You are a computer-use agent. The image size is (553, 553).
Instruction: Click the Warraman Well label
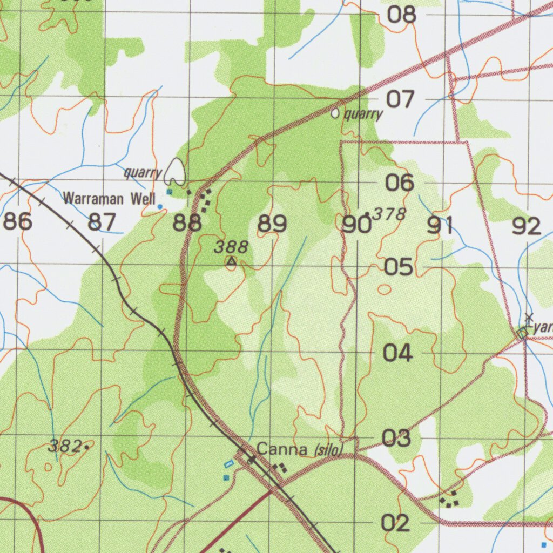pos(109,198)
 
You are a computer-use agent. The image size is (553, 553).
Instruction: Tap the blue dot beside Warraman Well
pos(159,206)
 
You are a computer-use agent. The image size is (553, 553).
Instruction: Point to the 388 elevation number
pos(231,247)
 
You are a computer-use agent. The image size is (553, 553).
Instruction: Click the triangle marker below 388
pos(232,261)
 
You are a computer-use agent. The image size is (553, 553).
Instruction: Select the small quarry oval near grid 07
pos(335,113)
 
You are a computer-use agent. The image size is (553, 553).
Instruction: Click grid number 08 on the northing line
pos(402,15)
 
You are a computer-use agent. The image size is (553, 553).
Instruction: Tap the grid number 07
pos(400,99)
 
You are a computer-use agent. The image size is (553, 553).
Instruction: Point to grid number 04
pos(398,354)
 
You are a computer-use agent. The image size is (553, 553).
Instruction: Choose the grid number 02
pos(396,523)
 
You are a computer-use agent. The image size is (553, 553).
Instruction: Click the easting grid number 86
pos(18,222)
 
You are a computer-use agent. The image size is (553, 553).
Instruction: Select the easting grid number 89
pos(272,224)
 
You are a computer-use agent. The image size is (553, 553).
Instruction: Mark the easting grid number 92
pos(527,226)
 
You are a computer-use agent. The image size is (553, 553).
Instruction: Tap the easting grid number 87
pos(102,222)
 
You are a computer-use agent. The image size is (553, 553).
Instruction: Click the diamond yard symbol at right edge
pos(522,333)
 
